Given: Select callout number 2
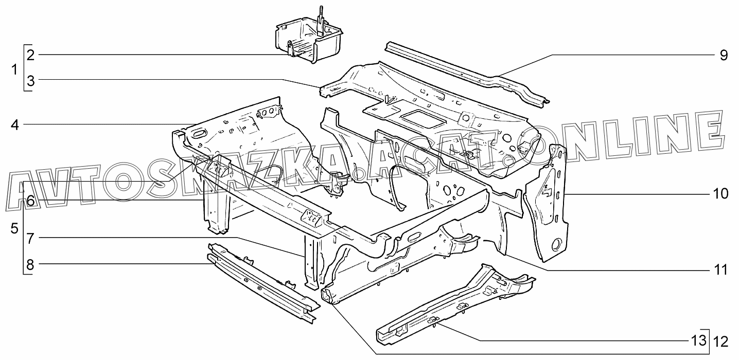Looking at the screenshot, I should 31,55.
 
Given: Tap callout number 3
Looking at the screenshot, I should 31,81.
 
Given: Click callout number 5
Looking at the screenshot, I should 14,228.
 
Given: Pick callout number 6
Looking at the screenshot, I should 31,201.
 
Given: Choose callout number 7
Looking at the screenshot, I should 31,239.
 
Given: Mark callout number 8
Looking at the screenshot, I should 31,265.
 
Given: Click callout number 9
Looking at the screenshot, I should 723,56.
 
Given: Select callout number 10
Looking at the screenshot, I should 720,194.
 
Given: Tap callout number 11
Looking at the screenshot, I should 720,269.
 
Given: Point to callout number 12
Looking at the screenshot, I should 720,341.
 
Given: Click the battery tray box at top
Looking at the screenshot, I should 309,41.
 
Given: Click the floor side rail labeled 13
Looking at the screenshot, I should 453,303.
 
